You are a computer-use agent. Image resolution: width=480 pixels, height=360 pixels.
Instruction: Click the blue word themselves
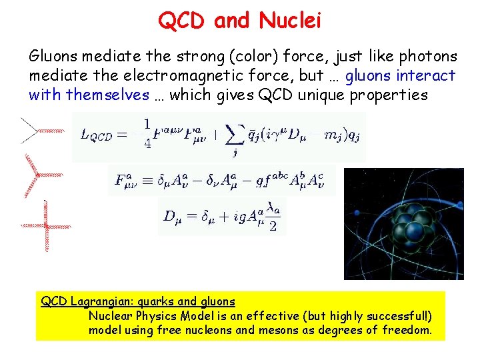coord(107,95)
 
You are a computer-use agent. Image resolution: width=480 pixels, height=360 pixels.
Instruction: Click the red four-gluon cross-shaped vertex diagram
coord(45,226)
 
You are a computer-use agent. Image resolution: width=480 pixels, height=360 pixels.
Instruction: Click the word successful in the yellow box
coord(393,316)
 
